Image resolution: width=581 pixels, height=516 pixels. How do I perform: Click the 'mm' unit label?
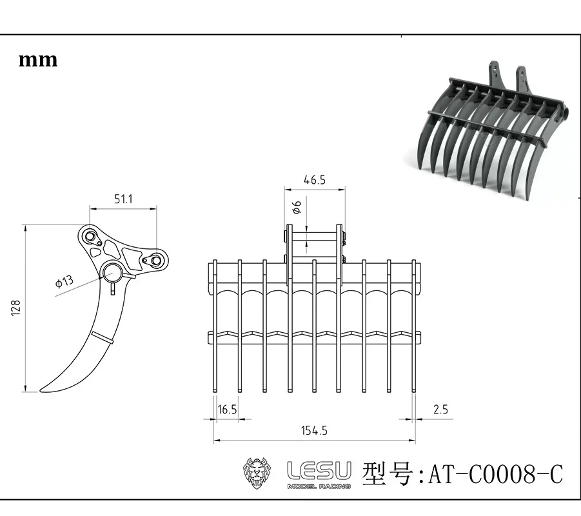[x=38, y=61]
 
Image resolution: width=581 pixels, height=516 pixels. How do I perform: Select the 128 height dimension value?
[x=16, y=308]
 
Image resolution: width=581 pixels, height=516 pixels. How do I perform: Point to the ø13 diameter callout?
[x=64, y=282]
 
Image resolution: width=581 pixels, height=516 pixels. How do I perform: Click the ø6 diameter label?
[x=297, y=208]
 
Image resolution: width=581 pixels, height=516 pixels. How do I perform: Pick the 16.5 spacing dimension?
[x=227, y=409]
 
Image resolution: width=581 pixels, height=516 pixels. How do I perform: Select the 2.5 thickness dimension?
[x=441, y=409]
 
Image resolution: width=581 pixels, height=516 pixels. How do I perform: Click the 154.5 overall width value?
[x=314, y=430]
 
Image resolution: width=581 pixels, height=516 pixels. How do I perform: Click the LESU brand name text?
[x=319, y=470]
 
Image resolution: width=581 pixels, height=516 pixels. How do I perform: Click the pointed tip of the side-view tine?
[x=43, y=389]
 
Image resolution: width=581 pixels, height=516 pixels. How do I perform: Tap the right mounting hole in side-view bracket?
[x=155, y=261]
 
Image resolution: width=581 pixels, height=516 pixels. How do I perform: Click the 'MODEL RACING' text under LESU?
[x=319, y=486]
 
